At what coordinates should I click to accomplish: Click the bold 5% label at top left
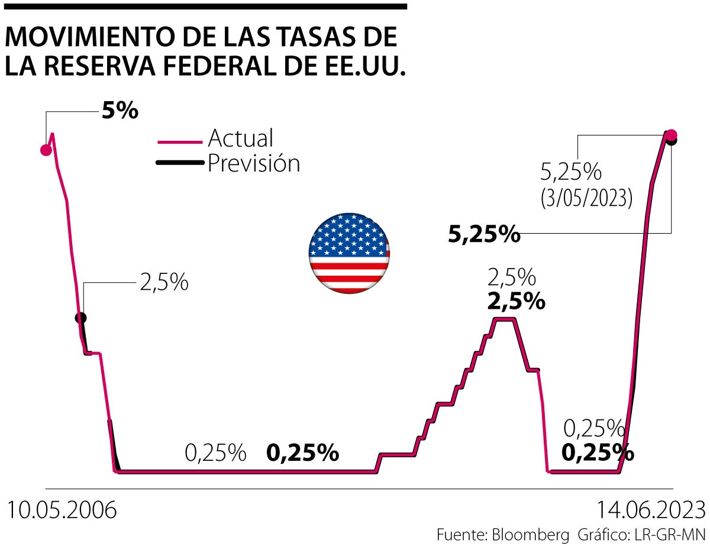(120, 111)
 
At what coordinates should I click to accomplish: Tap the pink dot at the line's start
(46, 150)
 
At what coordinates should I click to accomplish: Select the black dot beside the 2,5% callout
(81, 318)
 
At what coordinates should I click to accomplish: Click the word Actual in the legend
(240, 138)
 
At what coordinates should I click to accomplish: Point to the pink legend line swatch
(180, 142)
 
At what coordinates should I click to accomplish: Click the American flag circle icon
(349, 253)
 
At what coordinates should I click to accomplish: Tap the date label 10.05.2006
(62, 511)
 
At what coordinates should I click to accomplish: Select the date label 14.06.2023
(650, 511)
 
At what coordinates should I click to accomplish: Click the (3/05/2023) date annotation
(586, 198)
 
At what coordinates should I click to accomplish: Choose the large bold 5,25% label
(484, 235)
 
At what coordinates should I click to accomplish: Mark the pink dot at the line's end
(671, 134)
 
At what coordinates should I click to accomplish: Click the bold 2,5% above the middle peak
(515, 302)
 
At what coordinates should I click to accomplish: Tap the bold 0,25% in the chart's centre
(302, 453)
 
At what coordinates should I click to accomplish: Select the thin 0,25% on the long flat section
(215, 453)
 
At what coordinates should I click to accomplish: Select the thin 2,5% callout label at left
(164, 282)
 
